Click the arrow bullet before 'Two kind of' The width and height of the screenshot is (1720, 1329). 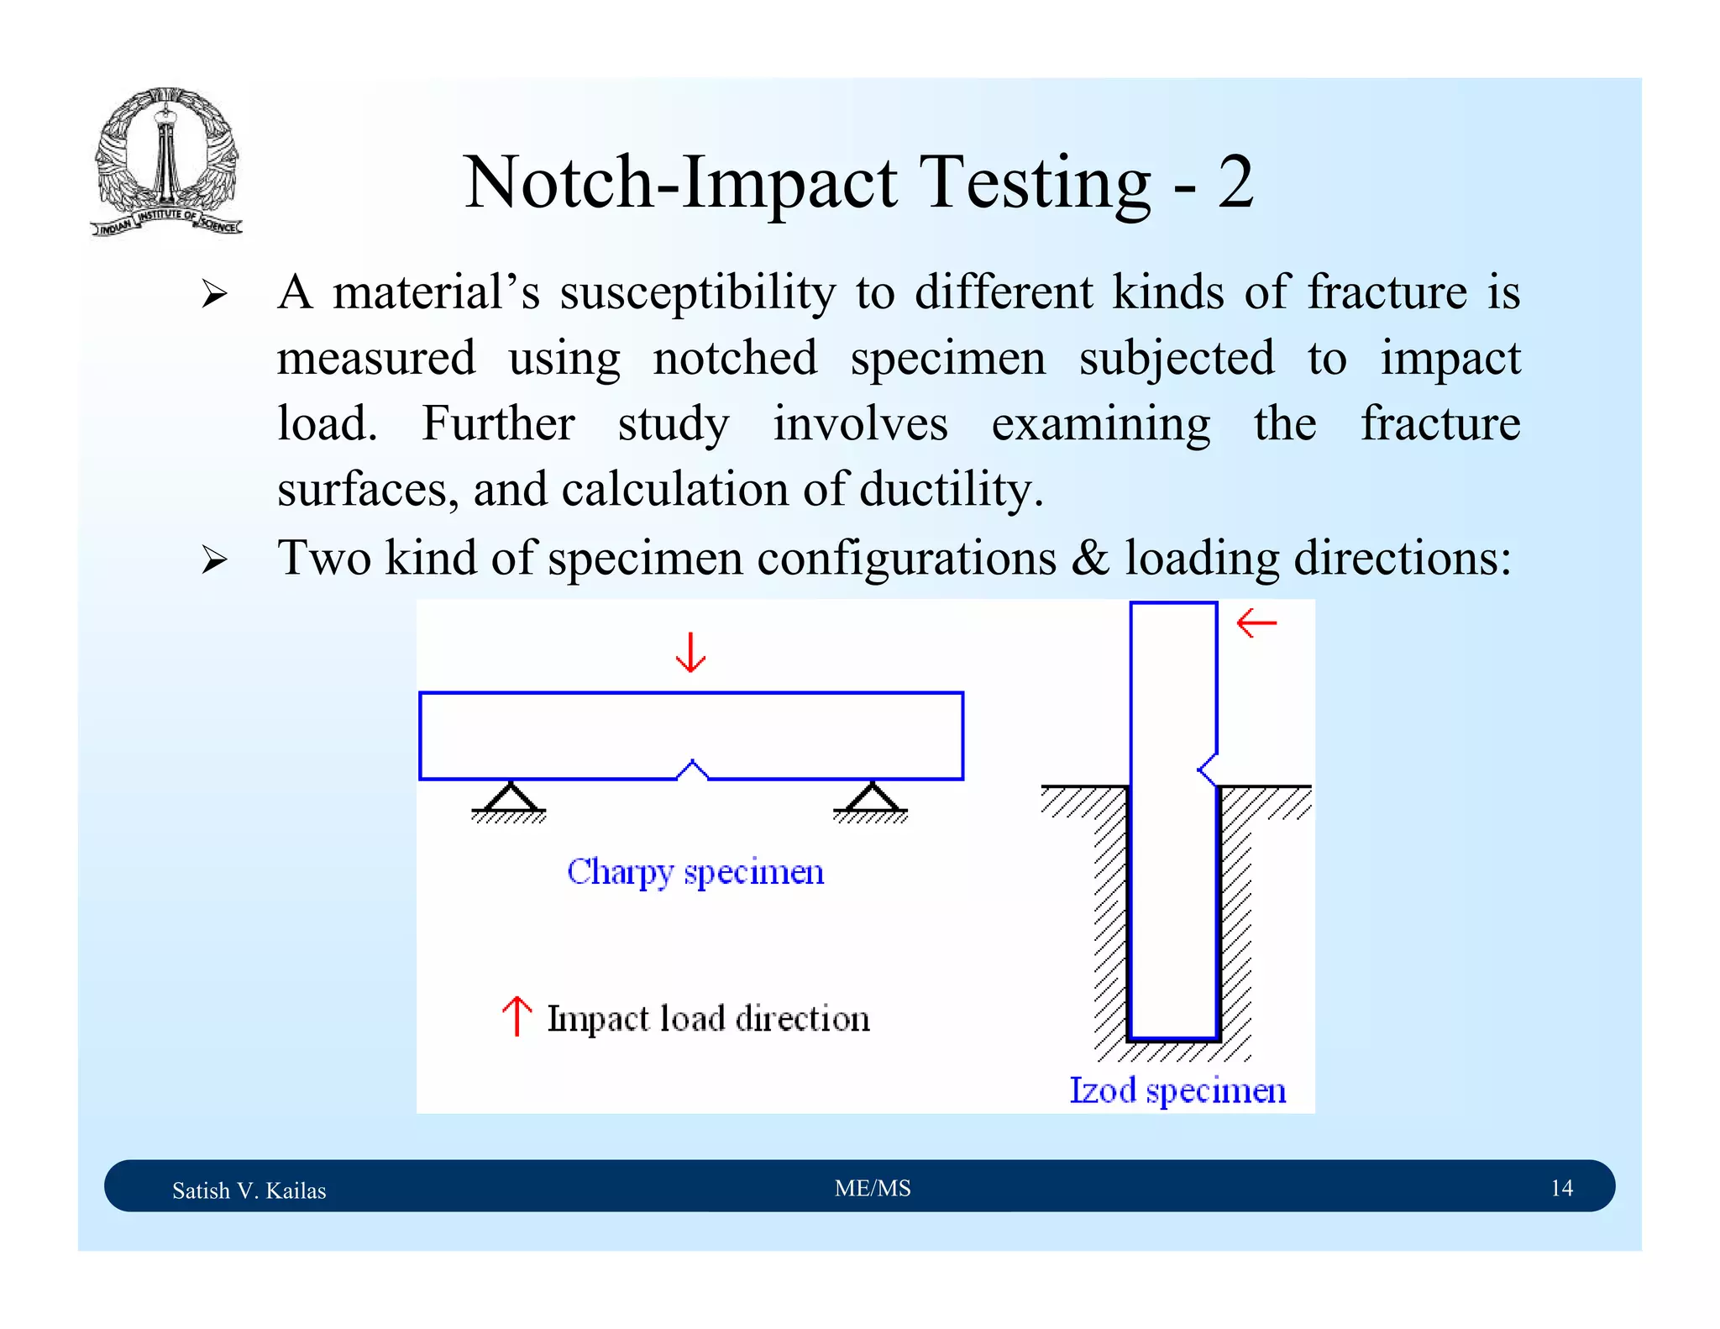click(x=214, y=559)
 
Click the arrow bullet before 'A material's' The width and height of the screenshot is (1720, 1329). click(x=214, y=294)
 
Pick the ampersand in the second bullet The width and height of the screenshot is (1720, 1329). click(x=1090, y=558)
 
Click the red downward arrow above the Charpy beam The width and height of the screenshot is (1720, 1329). click(x=690, y=653)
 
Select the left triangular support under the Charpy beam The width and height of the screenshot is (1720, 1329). click(x=509, y=799)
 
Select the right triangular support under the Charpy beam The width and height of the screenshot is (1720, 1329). click(x=871, y=799)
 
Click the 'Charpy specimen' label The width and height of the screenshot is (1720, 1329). click(x=695, y=872)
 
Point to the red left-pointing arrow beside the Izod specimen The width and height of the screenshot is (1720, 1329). click(x=1256, y=623)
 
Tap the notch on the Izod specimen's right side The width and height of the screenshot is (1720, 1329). click(x=1208, y=768)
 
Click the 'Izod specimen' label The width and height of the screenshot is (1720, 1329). click(x=1177, y=1090)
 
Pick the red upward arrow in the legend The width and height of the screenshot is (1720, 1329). click(x=517, y=1016)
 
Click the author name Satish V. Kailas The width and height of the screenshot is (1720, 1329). click(x=249, y=1190)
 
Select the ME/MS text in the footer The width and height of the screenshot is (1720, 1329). click(x=873, y=1188)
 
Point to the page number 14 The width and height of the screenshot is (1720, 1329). click(x=1561, y=1188)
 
